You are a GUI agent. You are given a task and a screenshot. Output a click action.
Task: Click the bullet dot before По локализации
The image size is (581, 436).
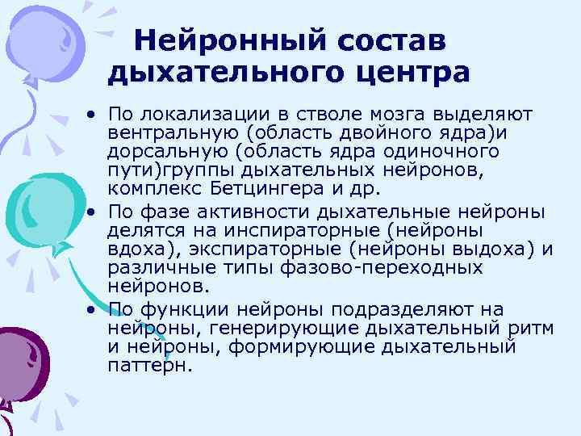point(93,115)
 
